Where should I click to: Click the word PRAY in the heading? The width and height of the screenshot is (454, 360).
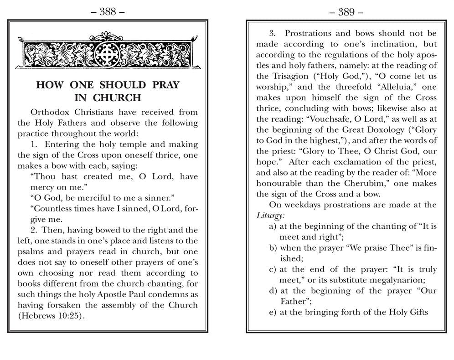point(162,85)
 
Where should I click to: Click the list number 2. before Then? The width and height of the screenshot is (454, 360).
point(35,230)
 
